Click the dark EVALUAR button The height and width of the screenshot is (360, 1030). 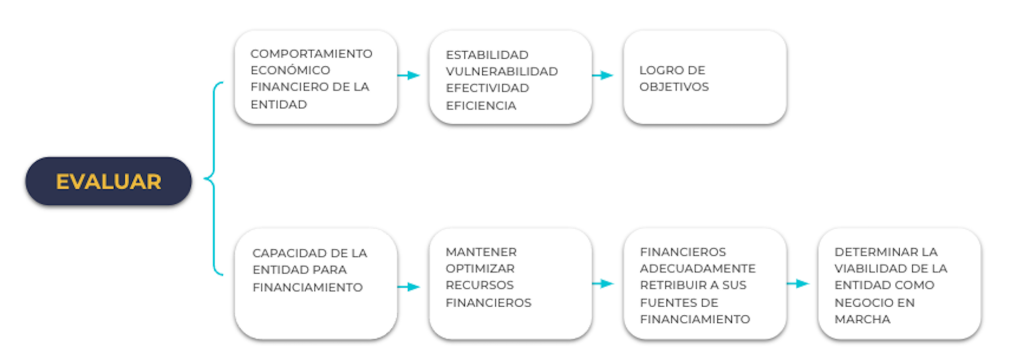coord(109,181)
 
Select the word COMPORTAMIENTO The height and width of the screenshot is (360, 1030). coord(311,54)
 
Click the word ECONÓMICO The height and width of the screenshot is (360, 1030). coord(290,70)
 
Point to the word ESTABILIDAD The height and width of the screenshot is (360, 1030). coord(487,55)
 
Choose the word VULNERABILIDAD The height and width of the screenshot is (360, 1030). coord(501,71)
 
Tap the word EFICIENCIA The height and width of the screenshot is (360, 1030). coord(481,106)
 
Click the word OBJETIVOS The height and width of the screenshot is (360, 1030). coord(674,87)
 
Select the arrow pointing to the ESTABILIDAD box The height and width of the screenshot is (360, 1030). coord(408,75)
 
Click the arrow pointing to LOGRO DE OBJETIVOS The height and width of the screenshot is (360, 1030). coord(603,75)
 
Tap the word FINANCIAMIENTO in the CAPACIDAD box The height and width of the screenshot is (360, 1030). coord(307,288)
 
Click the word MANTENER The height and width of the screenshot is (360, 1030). coord(481,252)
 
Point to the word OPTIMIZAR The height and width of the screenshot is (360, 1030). coord(480,268)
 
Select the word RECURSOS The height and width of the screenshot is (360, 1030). coord(479,285)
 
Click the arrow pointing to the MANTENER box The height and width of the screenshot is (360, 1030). coord(408,287)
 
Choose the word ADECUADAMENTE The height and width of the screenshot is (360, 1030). coord(698,268)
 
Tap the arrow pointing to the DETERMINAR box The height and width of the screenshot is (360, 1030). coord(798,284)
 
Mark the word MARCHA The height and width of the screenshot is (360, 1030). coord(862,319)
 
